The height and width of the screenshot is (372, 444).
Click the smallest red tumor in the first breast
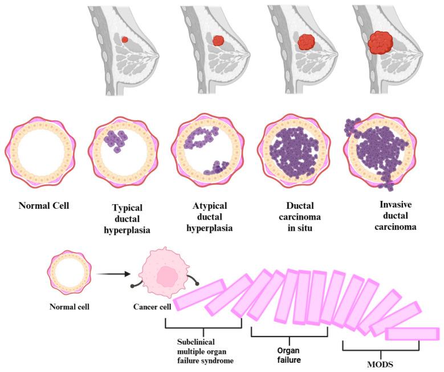(x=125, y=39)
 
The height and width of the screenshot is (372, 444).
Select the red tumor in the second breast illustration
(x=218, y=41)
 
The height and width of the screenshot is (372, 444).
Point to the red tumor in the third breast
(x=307, y=41)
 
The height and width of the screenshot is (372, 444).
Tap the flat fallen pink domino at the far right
(x=412, y=334)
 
